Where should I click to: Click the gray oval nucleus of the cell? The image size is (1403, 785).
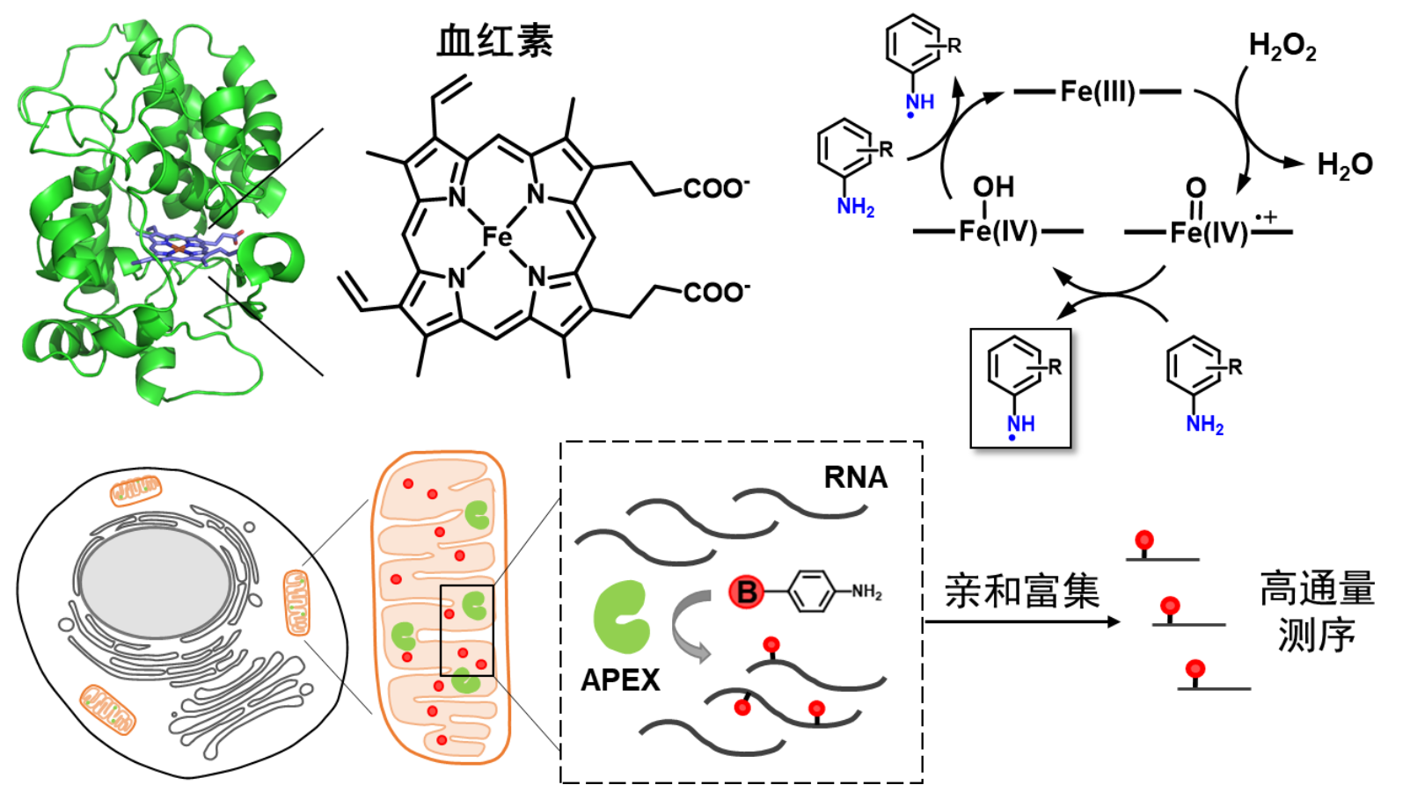(x=156, y=581)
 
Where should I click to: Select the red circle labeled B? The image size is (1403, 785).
(x=746, y=592)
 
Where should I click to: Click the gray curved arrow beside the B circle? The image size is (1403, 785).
(x=691, y=625)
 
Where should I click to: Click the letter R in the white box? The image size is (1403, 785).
(x=1055, y=367)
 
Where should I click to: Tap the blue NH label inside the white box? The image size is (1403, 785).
(x=1021, y=423)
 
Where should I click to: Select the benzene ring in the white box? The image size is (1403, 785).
(x=1014, y=364)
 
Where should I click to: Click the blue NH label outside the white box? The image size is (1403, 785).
(x=920, y=102)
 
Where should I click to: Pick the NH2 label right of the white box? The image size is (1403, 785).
(x=1204, y=425)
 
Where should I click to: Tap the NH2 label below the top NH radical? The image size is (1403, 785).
(x=854, y=207)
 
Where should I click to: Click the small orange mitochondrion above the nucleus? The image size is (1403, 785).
(x=136, y=490)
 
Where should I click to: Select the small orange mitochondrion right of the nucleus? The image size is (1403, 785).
(x=296, y=602)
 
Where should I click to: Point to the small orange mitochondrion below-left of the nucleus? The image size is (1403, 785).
(x=107, y=709)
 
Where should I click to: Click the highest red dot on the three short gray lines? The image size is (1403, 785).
(x=1144, y=539)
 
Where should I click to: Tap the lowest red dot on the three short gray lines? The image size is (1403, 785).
(x=1195, y=669)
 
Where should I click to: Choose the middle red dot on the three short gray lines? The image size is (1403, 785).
(x=1169, y=605)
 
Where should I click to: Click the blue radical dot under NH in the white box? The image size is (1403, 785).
(x=1012, y=438)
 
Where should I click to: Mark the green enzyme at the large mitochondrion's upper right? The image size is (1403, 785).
(x=477, y=514)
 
